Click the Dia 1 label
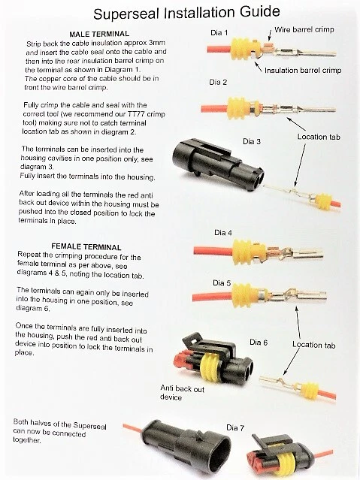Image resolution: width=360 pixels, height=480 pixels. (220, 33)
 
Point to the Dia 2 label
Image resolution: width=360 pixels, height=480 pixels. (219, 82)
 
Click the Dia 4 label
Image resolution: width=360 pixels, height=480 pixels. (223, 232)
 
